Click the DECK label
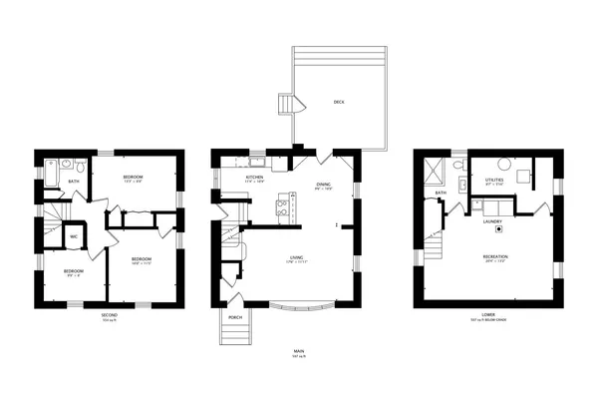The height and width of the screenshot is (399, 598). point(339,103)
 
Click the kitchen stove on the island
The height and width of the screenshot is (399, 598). point(282,208)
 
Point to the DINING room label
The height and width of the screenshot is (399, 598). point(323,185)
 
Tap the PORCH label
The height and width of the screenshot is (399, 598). point(235,318)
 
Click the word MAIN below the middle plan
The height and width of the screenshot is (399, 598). point(299,351)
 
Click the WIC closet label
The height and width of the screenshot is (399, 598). point(74,236)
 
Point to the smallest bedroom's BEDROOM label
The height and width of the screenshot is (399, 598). point(74,270)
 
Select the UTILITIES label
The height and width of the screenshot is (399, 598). point(494,180)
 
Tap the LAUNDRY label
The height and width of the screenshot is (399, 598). point(491,222)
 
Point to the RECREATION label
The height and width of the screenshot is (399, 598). point(496,256)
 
